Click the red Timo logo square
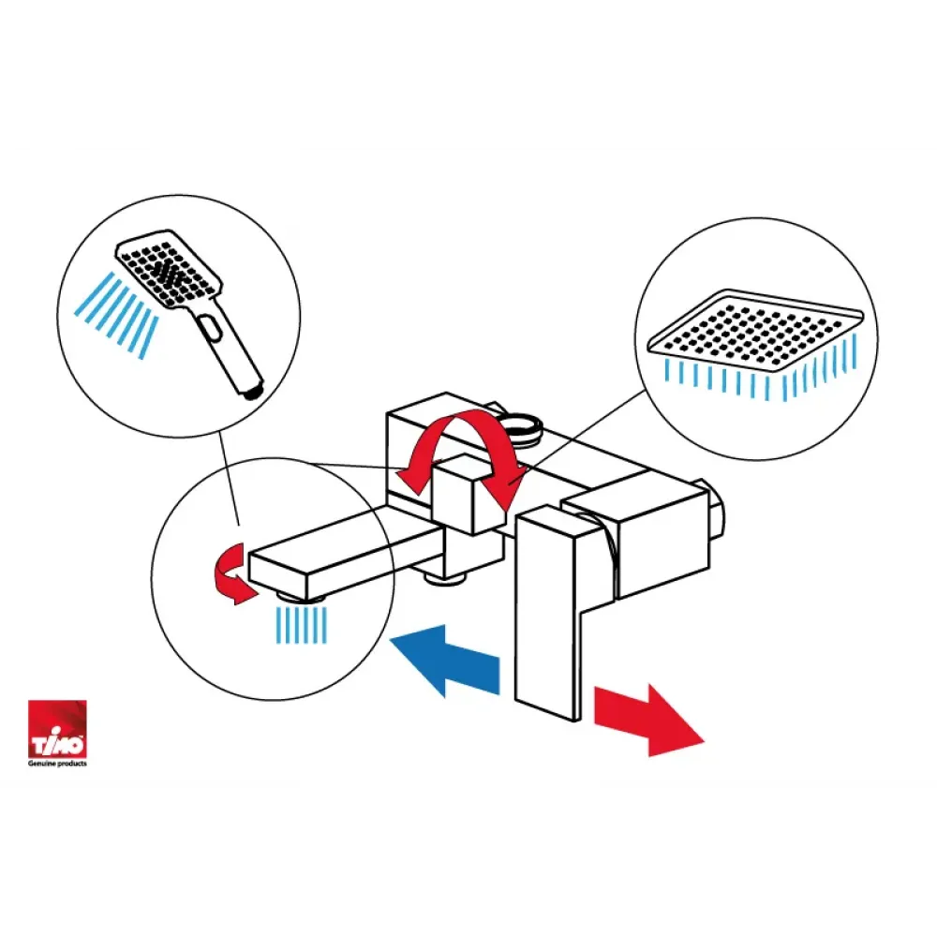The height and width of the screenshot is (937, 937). pyautogui.click(x=57, y=728)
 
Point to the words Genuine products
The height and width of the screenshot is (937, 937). pyautogui.click(x=57, y=763)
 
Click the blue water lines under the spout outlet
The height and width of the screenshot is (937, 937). pyautogui.click(x=302, y=625)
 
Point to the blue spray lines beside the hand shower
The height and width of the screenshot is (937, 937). pyautogui.click(x=116, y=315)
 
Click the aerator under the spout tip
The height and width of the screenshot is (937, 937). pyautogui.click(x=301, y=596)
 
